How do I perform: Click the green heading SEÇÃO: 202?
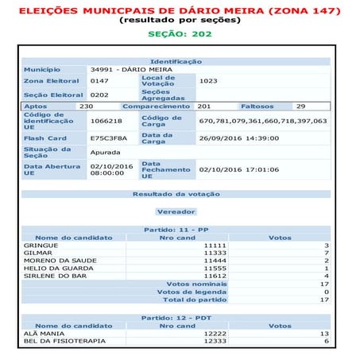pos(180,34)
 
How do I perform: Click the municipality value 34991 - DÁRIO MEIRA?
pos(126,70)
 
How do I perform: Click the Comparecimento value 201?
pos(203,106)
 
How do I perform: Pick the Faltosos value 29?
pos(300,106)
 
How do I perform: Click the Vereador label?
pos(176,212)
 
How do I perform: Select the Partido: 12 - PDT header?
pos(176,317)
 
